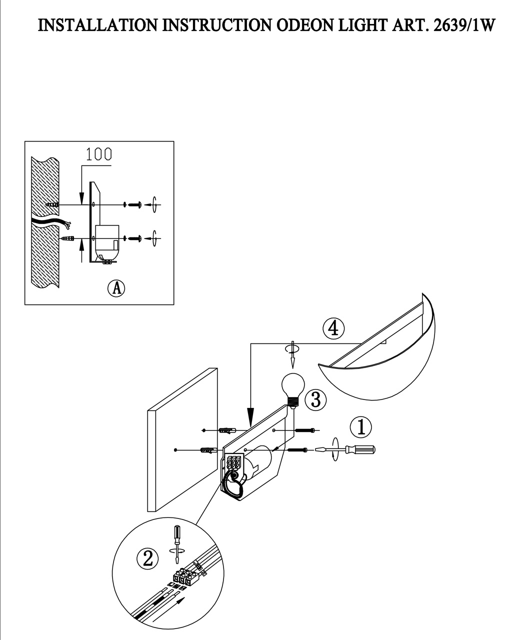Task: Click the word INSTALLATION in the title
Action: tap(98, 26)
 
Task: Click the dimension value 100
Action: tap(98, 154)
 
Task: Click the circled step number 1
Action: tap(360, 427)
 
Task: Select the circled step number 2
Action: tap(147, 558)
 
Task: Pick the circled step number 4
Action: tap(333, 328)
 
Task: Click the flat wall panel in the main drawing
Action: tap(182, 440)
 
